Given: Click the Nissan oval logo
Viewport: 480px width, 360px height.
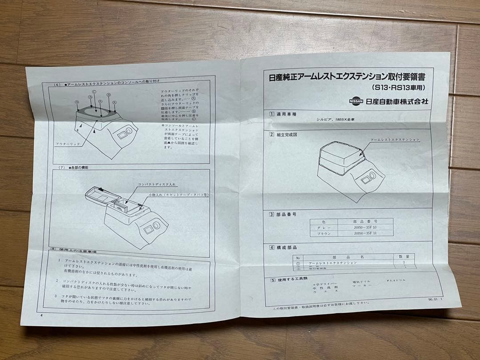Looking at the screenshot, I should (x=356, y=101).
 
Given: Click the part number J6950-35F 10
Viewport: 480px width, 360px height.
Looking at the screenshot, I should (x=365, y=227).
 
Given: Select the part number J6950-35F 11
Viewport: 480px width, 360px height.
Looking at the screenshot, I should (x=365, y=233).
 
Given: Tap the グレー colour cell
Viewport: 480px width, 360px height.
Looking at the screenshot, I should (x=324, y=227).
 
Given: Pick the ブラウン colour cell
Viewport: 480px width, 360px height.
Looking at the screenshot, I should (x=324, y=233).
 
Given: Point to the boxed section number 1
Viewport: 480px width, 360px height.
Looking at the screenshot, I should (x=272, y=114).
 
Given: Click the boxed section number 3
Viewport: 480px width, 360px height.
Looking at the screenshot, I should (x=272, y=214).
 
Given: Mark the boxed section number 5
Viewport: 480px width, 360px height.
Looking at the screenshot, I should (x=273, y=280).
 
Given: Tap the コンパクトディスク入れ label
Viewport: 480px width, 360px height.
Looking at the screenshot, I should (x=156, y=184).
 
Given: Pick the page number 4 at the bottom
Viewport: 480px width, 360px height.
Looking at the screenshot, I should (x=41, y=316).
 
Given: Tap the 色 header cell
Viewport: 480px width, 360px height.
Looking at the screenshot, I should (x=324, y=221).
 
